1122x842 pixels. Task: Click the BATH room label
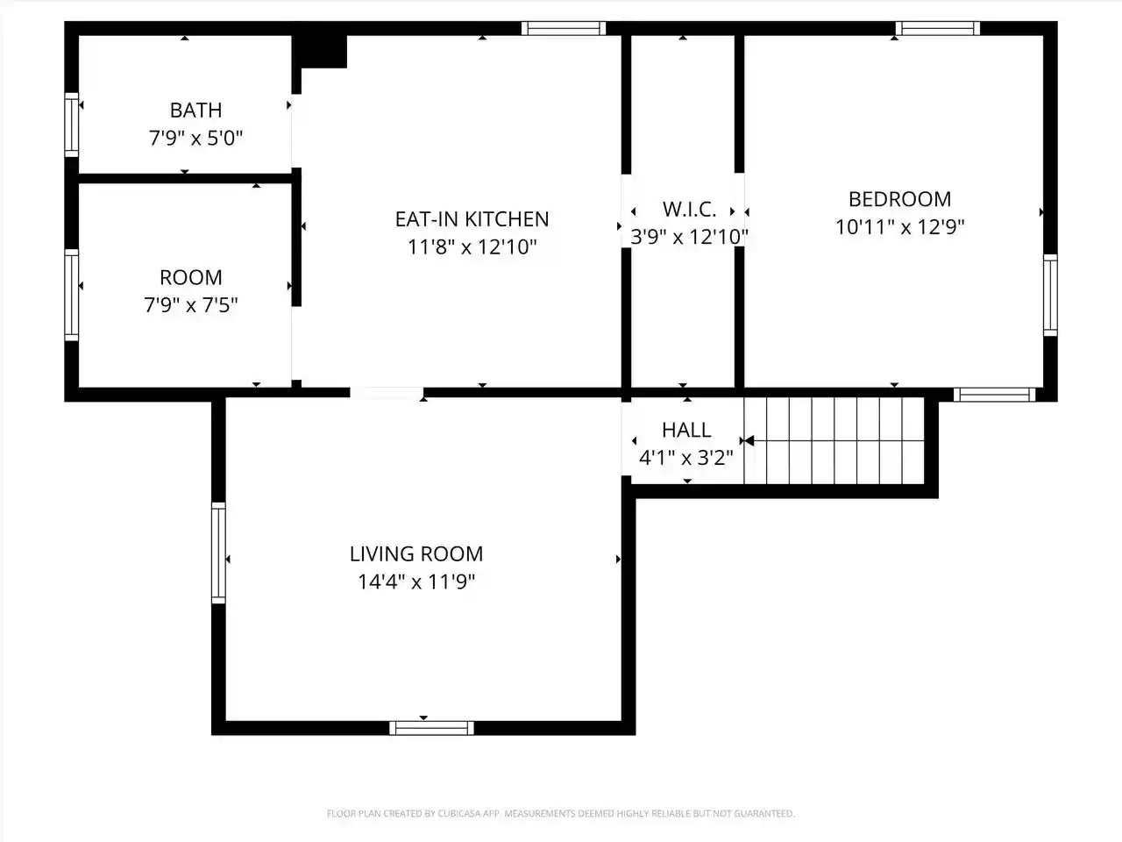click(195, 110)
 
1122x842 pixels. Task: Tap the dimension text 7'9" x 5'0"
click(195, 138)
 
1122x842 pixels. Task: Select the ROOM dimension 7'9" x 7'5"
click(191, 305)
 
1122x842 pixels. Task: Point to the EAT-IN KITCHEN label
click(472, 219)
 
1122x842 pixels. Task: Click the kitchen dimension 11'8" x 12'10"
click(472, 247)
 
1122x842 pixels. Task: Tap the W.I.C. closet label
click(689, 209)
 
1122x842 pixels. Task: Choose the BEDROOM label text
click(899, 199)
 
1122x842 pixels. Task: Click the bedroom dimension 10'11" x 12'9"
click(899, 227)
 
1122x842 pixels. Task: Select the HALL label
click(686, 431)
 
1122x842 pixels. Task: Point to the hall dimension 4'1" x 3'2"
click(686, 458)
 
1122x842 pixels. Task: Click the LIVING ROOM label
click(416, 554)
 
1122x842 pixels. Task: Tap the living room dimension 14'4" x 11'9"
click(416, 582)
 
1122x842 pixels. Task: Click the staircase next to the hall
click(834, 440)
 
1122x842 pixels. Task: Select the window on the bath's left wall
click(72, 125)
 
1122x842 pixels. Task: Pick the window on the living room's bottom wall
click(431, 728)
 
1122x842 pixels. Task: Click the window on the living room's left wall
click(218, 553)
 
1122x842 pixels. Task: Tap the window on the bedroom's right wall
click(1050, 295)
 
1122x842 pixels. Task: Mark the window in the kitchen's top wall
click(564, 28)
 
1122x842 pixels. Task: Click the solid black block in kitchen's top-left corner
click(321, 50)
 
